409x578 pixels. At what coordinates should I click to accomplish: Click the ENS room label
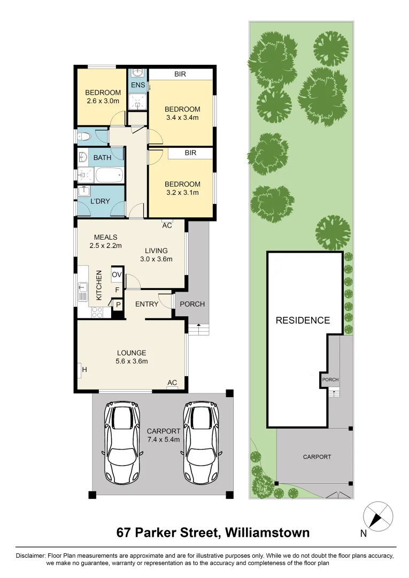pos(138,85)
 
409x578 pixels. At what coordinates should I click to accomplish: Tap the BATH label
pos(102,158)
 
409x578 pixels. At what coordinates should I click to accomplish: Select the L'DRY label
pos(100,201)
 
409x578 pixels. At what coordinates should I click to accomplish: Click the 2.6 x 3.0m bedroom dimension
pos(103,101)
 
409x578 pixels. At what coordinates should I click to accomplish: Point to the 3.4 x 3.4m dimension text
pos(183,118)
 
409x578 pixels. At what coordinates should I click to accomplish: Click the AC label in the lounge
pos(172,383)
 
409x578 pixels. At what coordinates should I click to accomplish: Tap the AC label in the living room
pos(167,225)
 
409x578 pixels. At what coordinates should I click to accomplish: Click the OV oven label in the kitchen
pos(117,275)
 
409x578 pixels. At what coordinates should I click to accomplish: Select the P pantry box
pos(118,305)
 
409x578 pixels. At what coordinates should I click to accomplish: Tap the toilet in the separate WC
pos(84,137)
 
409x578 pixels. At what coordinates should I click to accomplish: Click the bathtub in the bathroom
pos(109,174)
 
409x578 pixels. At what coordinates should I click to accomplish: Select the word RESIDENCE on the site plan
pos(303,321)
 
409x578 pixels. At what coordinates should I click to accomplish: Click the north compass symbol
pos(377,517)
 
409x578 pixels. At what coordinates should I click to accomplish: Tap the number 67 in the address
pos(124,533)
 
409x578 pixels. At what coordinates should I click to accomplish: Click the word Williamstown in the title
pos(267,533)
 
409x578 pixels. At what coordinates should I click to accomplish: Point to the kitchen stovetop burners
pos(97,312)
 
